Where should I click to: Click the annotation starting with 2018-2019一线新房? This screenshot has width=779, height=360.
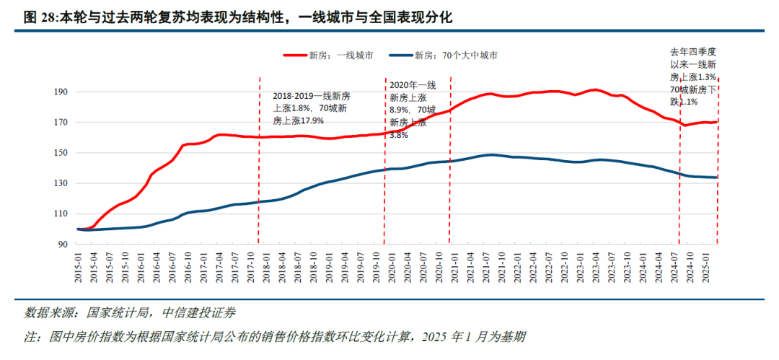click(312, 108)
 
